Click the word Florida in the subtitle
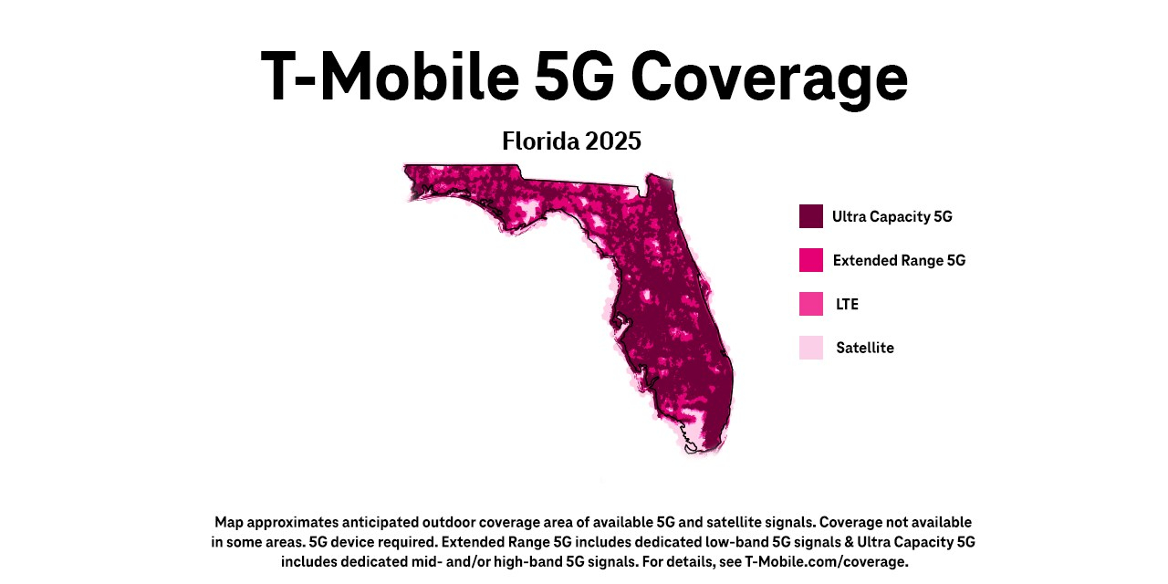540,141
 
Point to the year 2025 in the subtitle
613,141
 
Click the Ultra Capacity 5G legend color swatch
811,216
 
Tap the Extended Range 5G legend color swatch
811,260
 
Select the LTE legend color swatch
811,304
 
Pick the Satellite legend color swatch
811,348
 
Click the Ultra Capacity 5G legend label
892,217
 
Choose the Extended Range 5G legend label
899,261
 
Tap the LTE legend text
847,305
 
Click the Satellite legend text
864,349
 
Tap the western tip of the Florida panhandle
408,169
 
